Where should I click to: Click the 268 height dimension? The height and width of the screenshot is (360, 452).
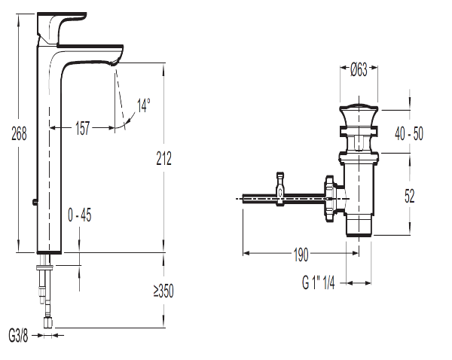(19, 133)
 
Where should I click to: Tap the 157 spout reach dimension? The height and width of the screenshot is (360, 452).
(82, 128)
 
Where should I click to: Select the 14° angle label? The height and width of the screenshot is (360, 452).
(144, 105)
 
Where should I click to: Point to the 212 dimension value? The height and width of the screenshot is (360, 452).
(163, 158)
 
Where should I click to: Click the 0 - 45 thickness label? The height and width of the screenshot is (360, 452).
(80, 215)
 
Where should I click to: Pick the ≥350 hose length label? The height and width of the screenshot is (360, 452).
(163, 291)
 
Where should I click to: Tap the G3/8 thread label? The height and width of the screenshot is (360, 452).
(18, 336)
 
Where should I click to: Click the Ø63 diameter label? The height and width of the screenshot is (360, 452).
(359, 69)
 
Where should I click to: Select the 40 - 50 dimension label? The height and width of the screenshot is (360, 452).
(409, 134)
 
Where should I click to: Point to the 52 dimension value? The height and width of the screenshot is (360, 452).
(409, 196)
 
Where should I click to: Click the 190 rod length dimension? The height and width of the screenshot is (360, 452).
(301, 255)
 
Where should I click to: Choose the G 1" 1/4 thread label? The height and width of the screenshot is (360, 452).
(319, 282)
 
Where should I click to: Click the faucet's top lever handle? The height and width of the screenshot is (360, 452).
(62, 29)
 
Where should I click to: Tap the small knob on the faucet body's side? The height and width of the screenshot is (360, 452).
(35, 202)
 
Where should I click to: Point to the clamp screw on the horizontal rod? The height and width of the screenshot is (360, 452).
(280, 189)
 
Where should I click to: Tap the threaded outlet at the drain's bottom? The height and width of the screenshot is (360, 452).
(359, 226)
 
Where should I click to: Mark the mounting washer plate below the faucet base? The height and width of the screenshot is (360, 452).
(45, 268)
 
